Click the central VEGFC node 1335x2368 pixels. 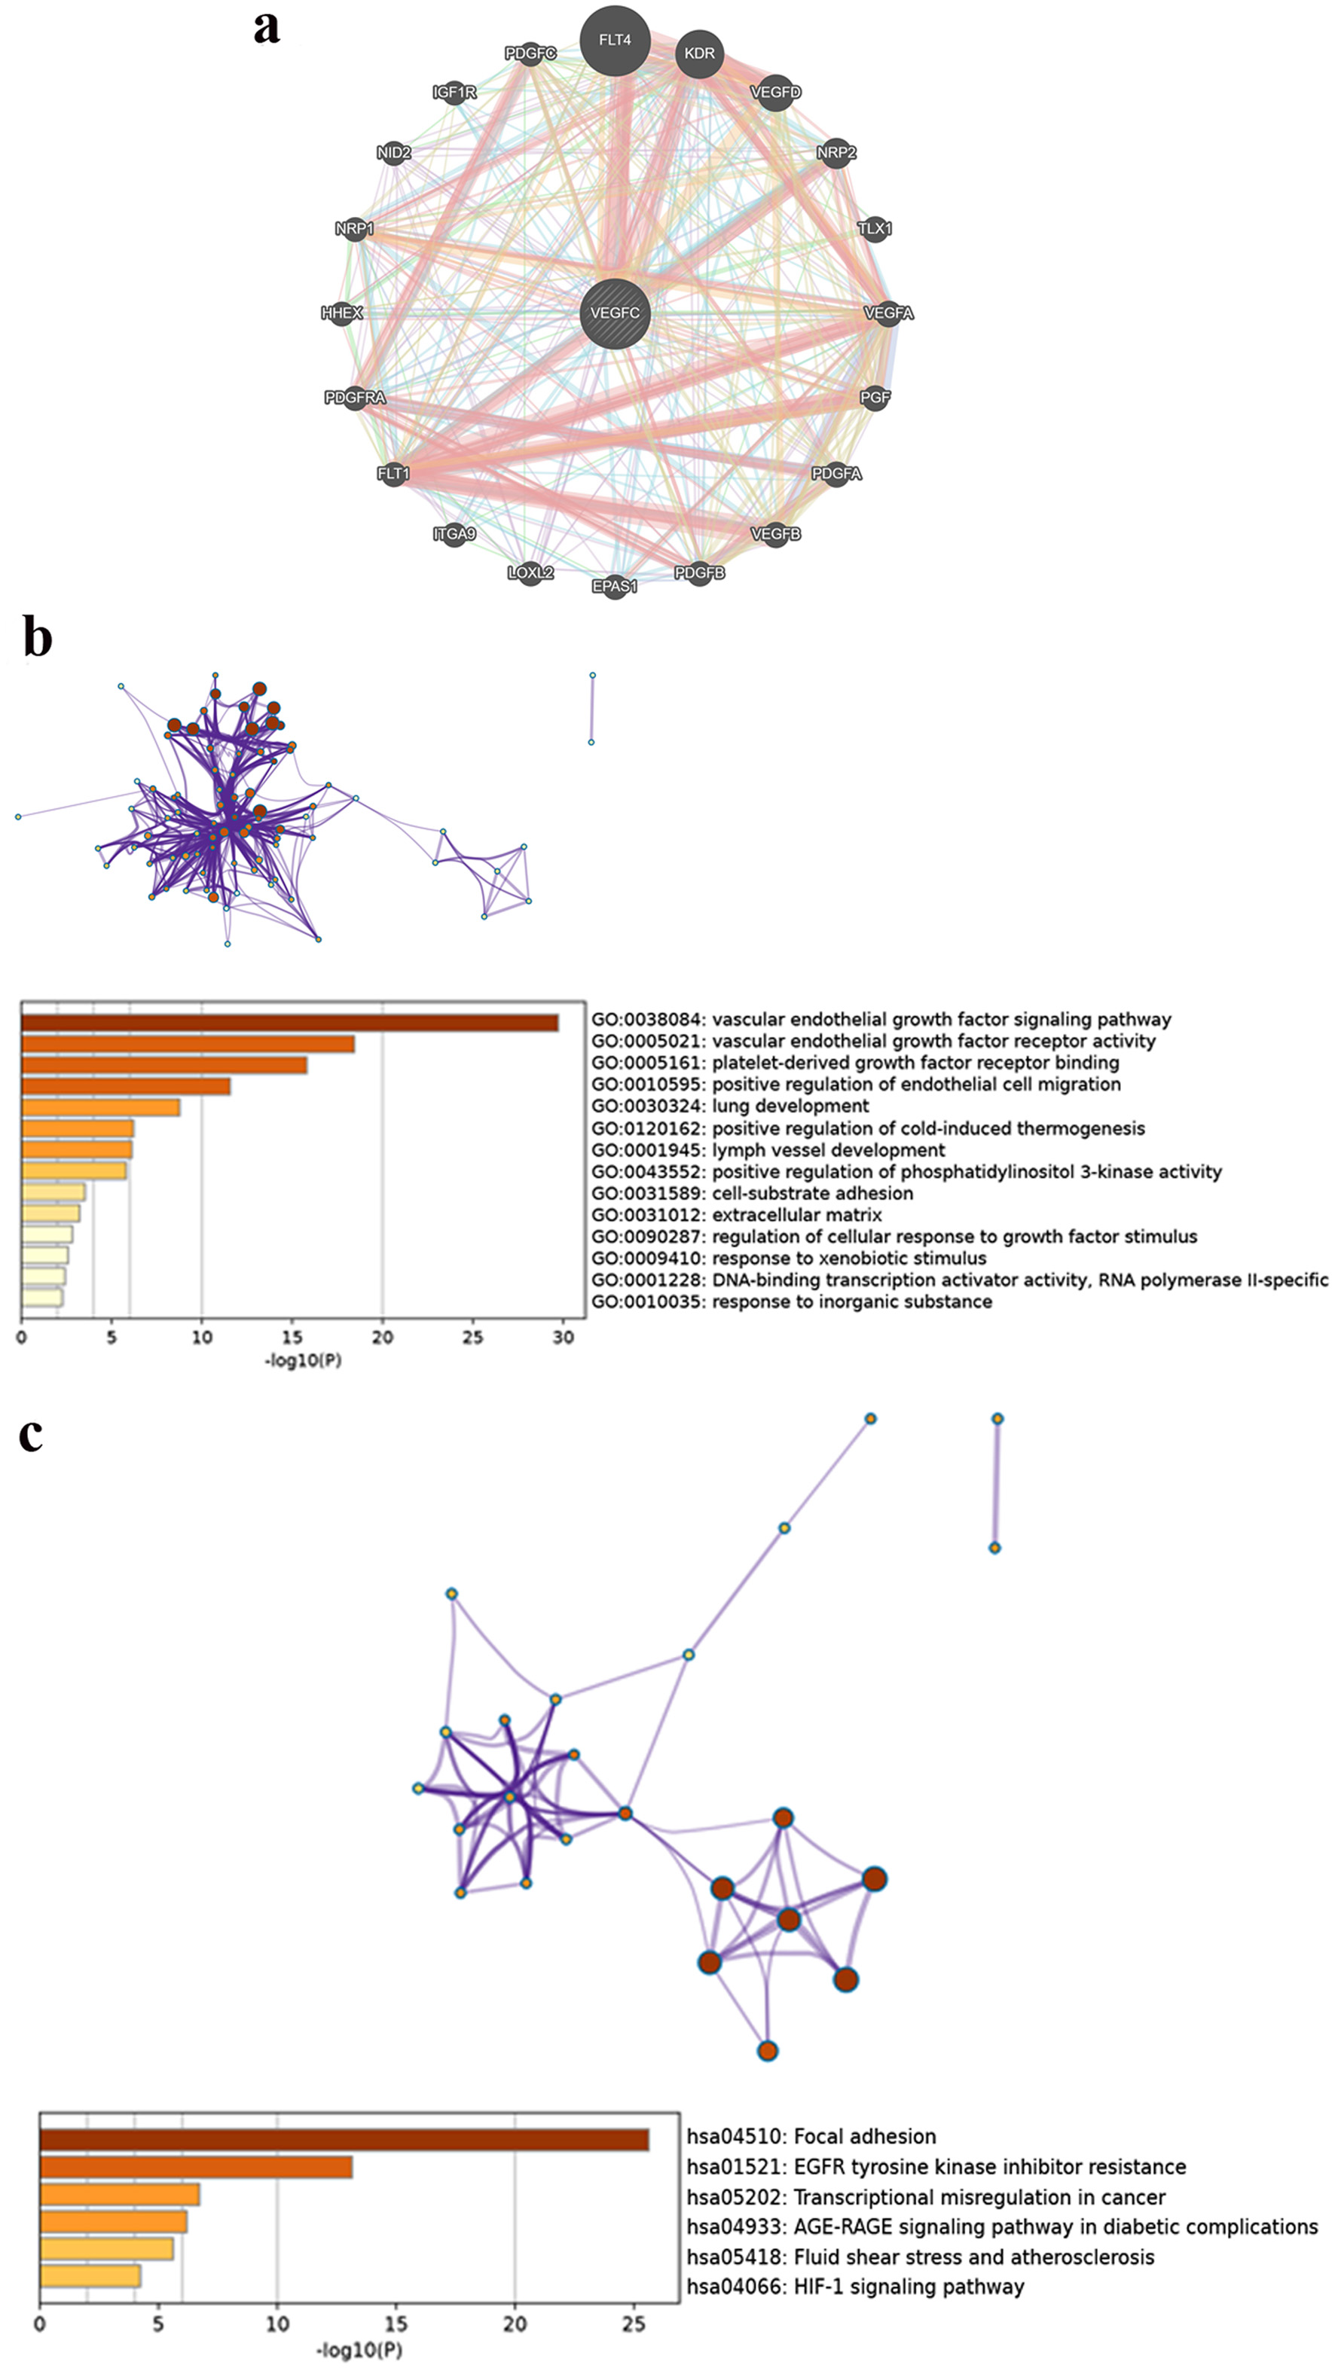pyautogui.click(x=615, y=313)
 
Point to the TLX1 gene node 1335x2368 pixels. pyautogui.click(x=875, y=228)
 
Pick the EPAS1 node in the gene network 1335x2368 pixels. pyautogui.click(x=615, y=585)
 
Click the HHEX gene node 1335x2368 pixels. pyautogui.click(x=342, y=313)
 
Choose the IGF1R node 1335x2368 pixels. pyautogui.click(x=454, y=92)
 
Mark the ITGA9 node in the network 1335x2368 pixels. pyautogui.click(x=454, y=533)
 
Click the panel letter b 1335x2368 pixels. pyautogui.click(x=37, y=637)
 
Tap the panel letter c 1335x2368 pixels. pyautogui.click(x=30, y=1434)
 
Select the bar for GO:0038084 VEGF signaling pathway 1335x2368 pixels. pyautogui.click(x=289, y=1023)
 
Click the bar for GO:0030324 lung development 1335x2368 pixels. pyautogui.click(x=100, y=1106)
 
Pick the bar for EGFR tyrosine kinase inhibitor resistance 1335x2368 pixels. pyautogui.click(x=196, y=2167)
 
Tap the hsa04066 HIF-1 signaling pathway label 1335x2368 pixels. pyautogui.click(x=855, y=2286)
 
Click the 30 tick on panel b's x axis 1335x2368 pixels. pyautogui.click(x=563, y=1337)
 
